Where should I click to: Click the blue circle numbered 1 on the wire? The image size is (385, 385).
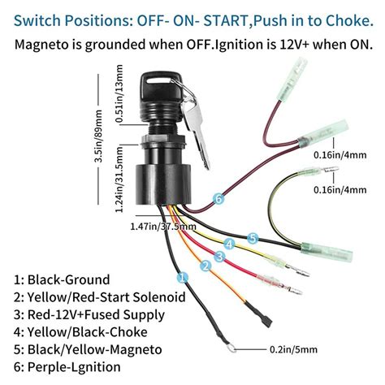click(183, 276)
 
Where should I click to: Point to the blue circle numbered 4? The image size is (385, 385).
click(230, 244)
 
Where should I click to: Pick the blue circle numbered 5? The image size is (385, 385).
click(253, 238)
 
